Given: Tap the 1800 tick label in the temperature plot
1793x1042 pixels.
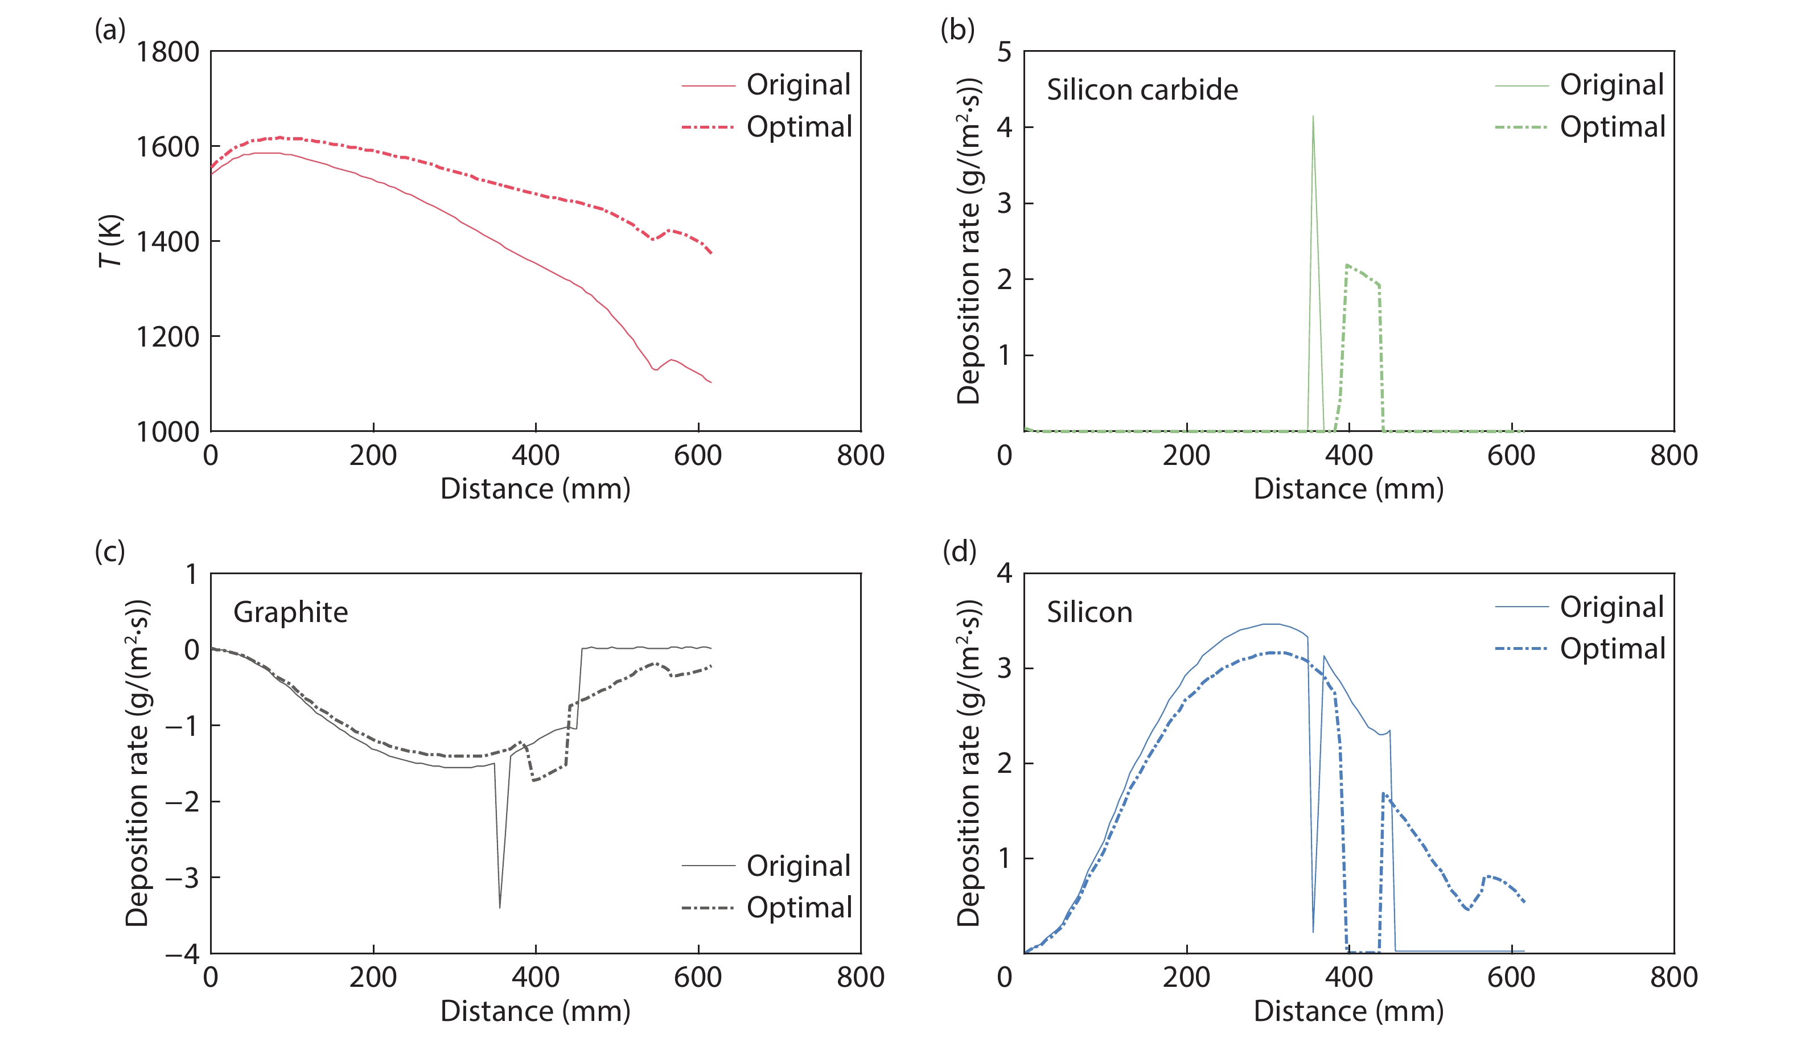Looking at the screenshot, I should point(167,52).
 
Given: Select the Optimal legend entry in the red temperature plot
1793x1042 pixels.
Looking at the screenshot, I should point(798,126).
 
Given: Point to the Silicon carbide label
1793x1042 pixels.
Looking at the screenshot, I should point(1141,89).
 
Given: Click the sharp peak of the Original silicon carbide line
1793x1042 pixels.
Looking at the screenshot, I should point(1313,117).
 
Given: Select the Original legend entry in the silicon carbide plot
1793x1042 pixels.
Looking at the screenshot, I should point(1611,85).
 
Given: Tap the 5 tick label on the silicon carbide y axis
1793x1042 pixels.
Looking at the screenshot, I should point(1004,52).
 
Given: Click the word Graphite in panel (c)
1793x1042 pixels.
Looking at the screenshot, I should point(290,612).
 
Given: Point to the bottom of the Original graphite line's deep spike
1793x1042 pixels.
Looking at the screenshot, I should point(500,907).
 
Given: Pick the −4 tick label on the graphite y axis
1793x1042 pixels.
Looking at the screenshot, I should point(182,953).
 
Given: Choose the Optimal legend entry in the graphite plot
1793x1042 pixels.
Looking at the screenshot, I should point(798,907).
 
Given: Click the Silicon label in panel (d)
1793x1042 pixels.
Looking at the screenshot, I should point(1088,612).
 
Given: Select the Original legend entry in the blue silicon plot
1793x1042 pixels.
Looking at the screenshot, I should point(1611,607).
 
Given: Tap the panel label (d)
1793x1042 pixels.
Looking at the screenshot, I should point(959,551).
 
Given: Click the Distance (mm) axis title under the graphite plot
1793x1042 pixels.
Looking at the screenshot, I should point(535,1011).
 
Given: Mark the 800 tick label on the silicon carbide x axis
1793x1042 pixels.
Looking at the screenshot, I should point(1673,455).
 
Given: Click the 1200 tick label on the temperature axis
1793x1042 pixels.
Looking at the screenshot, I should point(167,336).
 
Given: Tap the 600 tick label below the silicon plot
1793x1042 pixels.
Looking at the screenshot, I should point(1511,977).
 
